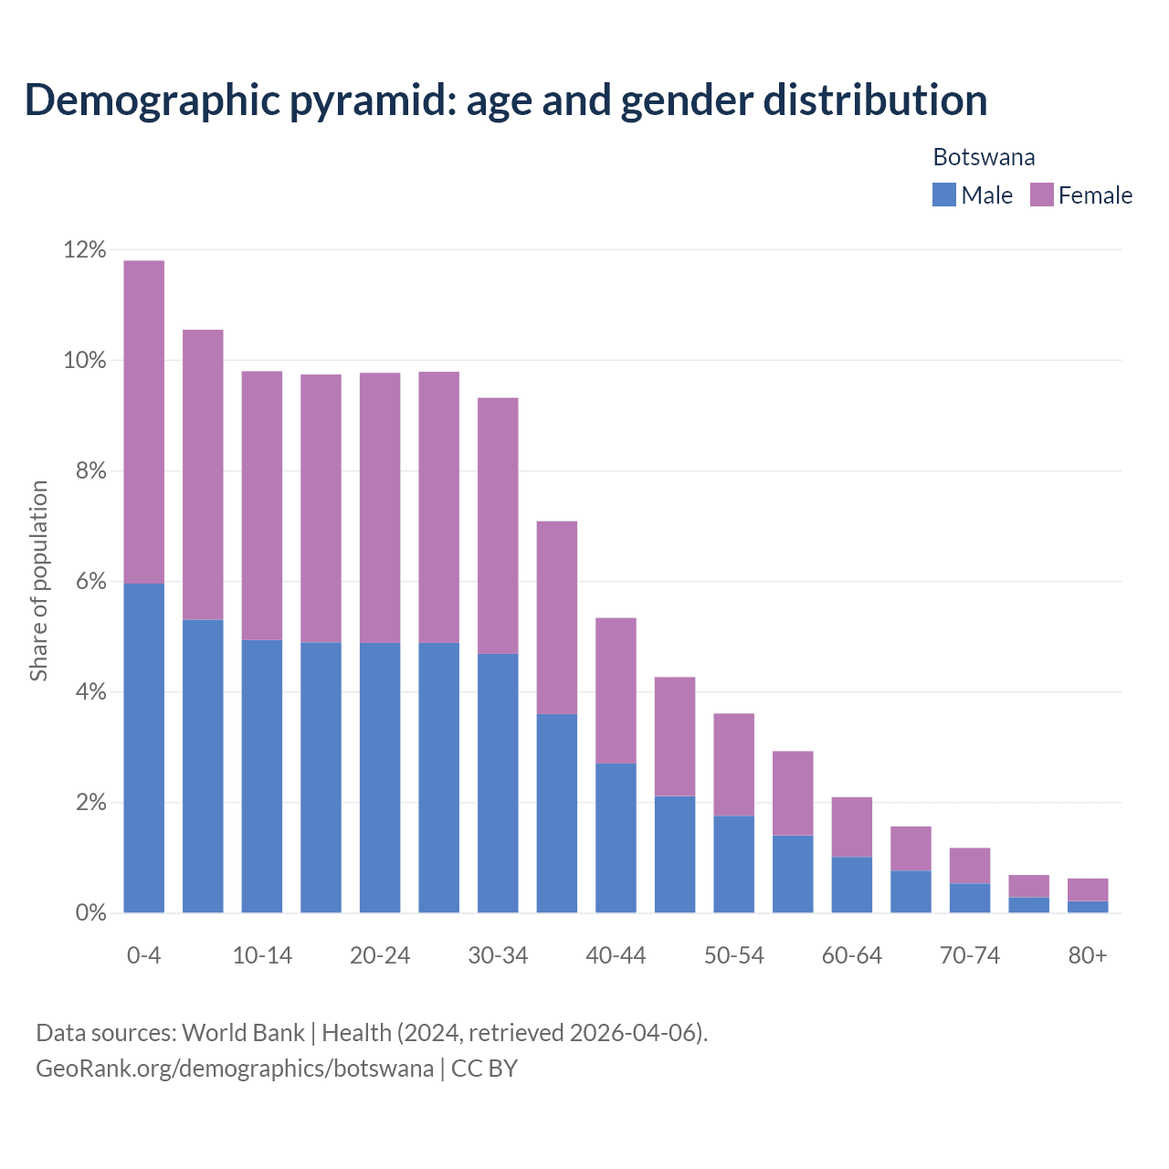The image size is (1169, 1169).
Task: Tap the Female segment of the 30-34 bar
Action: (x=498, y=525)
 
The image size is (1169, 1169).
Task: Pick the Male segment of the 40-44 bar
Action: (x=616, y=837)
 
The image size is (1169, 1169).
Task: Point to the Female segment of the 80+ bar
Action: (x=1088, y=890)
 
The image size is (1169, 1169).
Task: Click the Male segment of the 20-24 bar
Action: (x=380, y=777)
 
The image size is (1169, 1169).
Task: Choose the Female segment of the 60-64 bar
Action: (x=852, y=827)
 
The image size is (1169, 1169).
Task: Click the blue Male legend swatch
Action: (x=944, y=195)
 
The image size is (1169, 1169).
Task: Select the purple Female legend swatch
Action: (x=1042, y=195)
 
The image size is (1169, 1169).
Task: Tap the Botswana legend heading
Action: (x=984, y=157)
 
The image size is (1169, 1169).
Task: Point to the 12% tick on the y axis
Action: (x=85, y=249)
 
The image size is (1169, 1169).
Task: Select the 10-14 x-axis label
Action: (x=262, y=955)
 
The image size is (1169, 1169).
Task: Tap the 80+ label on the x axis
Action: (x=1088, y=955)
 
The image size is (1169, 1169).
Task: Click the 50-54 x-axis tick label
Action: (x=734, y=955)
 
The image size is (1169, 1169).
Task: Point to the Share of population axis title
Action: (x=38, y=581)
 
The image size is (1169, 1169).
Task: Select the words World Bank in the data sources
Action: (x=243, y=1033)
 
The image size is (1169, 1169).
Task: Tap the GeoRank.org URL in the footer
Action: (x=235, y=1068)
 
